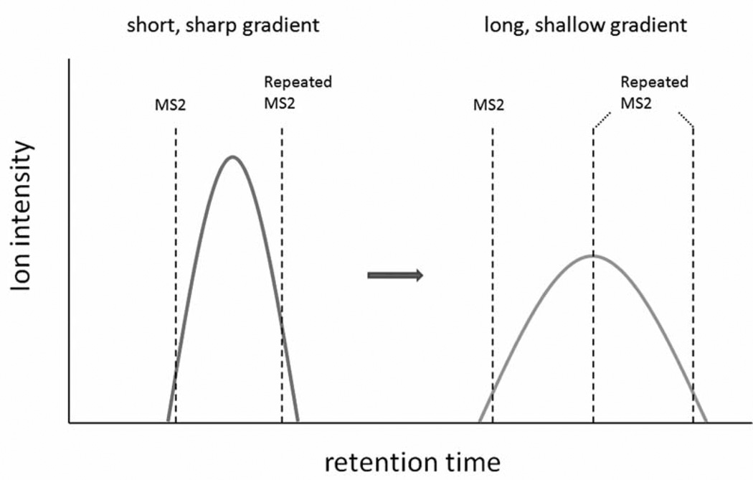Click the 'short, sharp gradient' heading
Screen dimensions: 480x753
(222, 26)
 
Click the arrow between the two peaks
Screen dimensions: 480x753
(395, 276)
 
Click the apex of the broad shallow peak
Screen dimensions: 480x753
(592, 255)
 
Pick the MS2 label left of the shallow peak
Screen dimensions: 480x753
(488, 105)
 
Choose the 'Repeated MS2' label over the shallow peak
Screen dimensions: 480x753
(654, 92)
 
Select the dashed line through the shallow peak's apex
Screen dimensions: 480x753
(593, 337)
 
